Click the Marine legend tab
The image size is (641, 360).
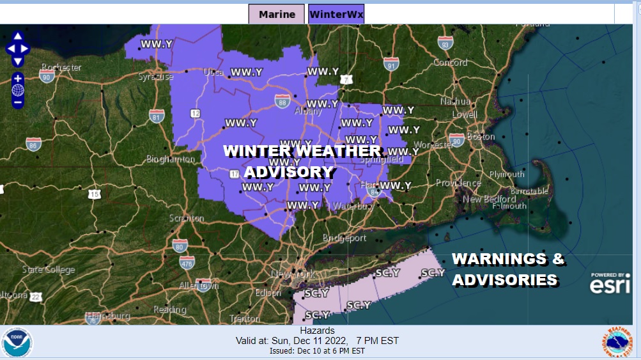coord(277,14)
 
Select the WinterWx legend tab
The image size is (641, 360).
coord(336,14)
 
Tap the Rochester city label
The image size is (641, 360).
coord(61,67)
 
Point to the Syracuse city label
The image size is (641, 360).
coord(156,77)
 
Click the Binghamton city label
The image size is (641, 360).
coord(171,159)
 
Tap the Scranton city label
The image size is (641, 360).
coord(187,218)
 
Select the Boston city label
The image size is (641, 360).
coord(481,136)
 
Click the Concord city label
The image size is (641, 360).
coord(451,63)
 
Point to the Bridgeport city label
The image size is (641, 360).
coord(344,238)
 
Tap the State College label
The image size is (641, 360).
coord(49,269)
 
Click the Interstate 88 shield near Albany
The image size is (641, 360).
coord(282,100)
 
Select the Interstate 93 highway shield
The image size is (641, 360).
coord(445,43)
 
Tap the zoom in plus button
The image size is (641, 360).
coord(18,79)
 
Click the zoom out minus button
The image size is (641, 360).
coord(18,102)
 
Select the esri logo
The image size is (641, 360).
coord(610,285)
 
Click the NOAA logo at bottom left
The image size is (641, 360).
coord(17,343)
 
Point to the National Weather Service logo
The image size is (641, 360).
coord(617,342)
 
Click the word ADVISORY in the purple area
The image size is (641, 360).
coord(289,172)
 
